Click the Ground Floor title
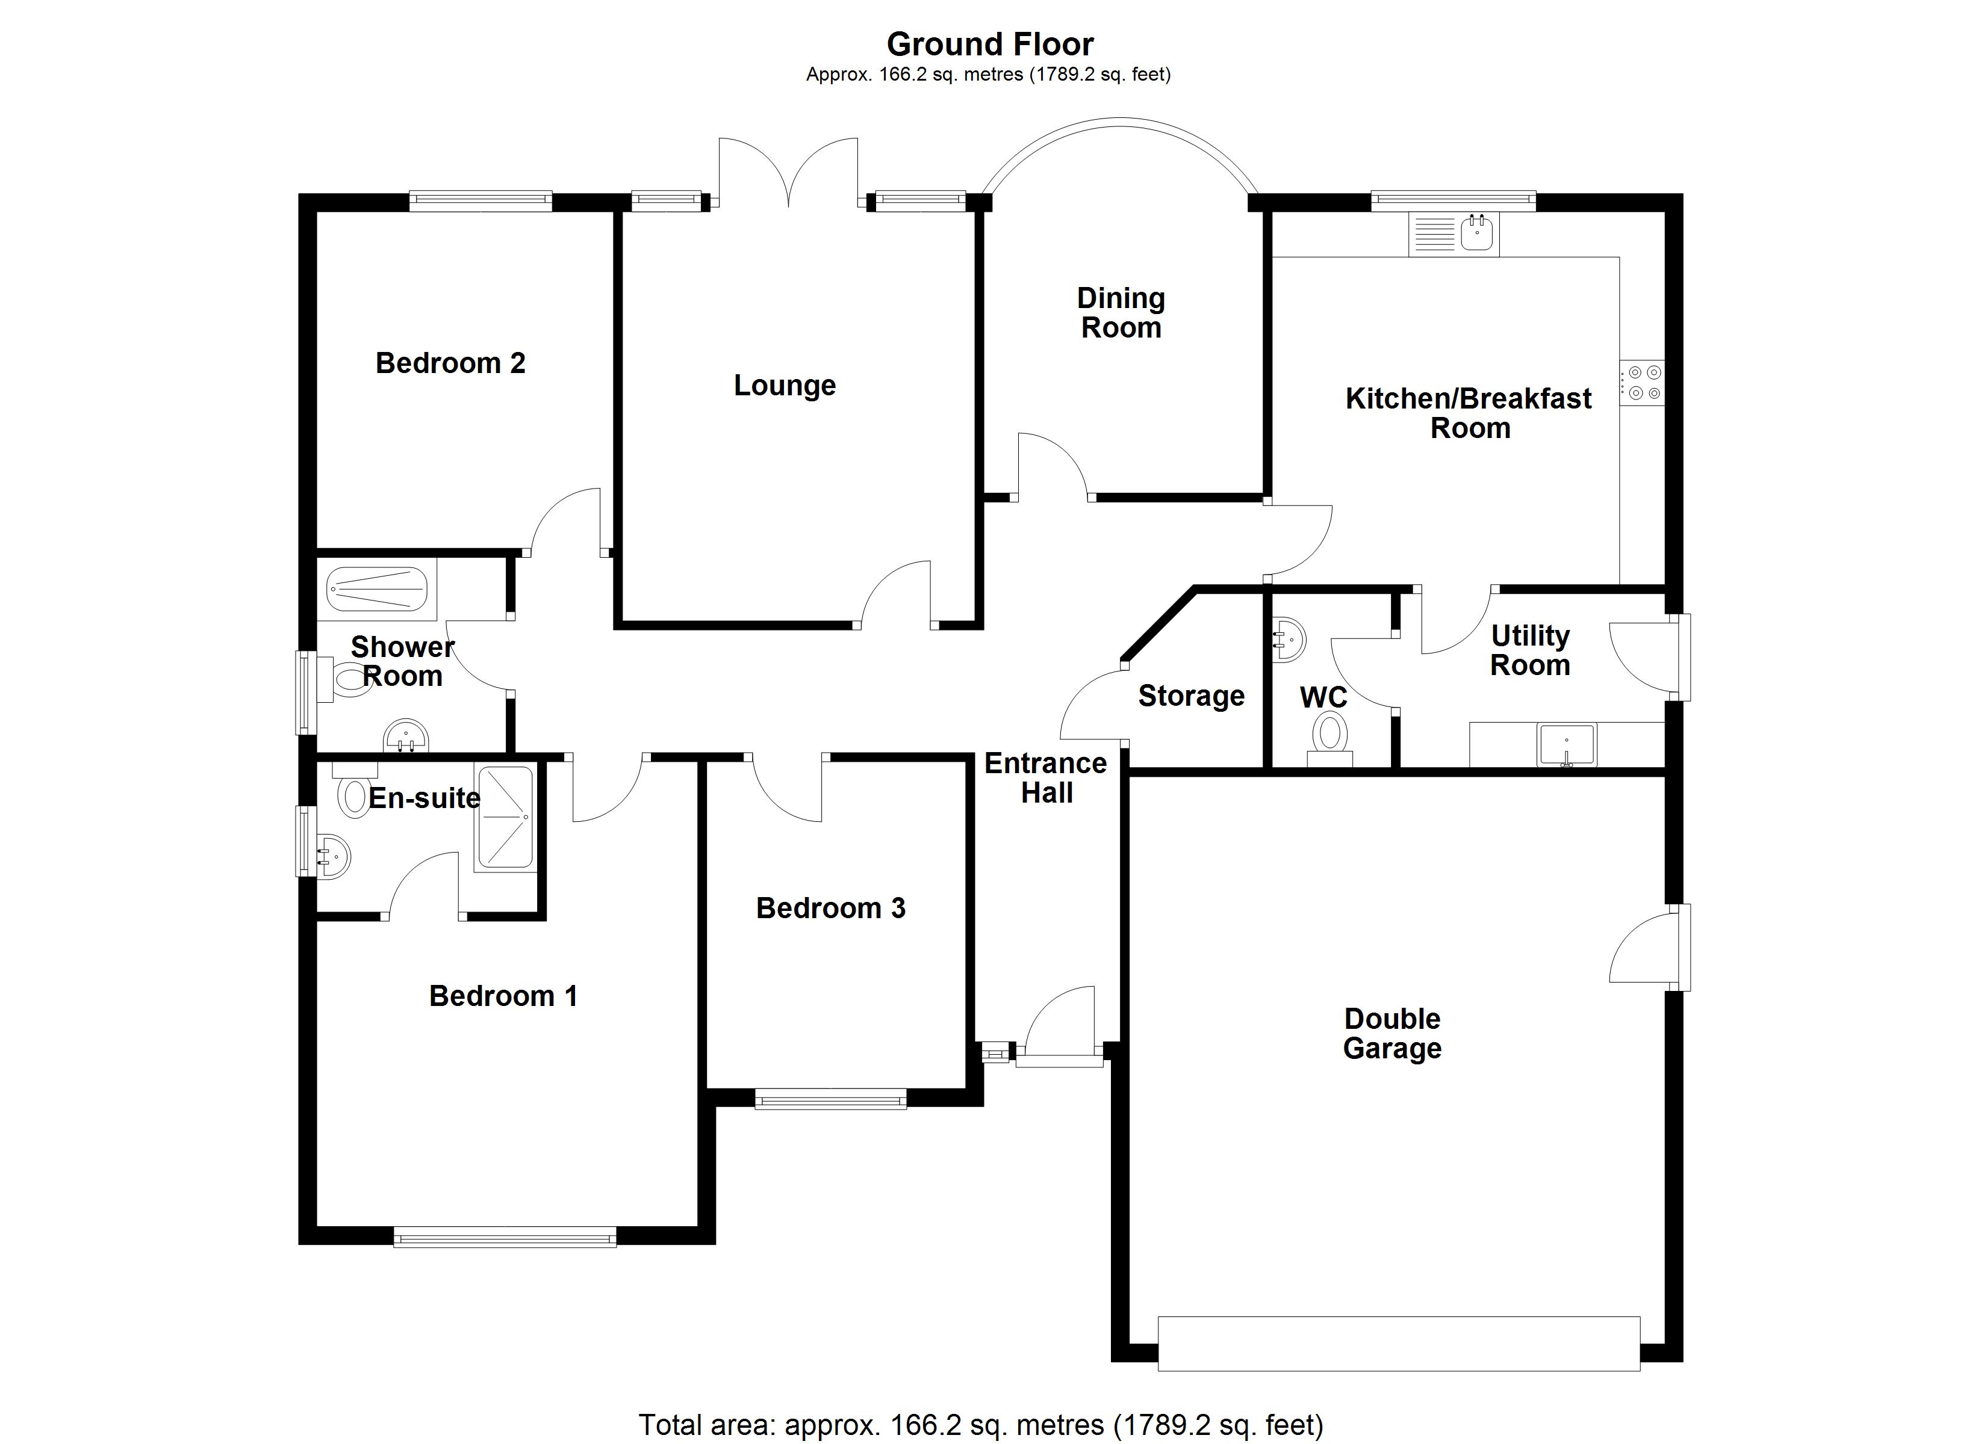click(x=990, y=44)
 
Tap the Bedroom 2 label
click(x=450, y=363)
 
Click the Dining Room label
click(x=1121, y=313)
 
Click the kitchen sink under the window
click(x=1476, y=233)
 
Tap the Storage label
click(x=1190, y=696)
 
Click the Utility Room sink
click(x=1567, y=744)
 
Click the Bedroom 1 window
click(x=505, y=1236)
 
